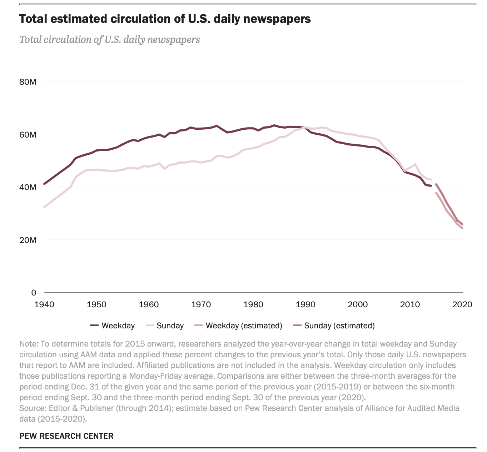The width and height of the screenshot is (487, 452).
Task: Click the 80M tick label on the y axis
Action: [x=28, y=82]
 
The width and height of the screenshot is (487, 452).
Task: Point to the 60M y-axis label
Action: [x=28, y=135]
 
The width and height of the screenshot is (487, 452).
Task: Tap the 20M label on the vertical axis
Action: [x=28, y=240]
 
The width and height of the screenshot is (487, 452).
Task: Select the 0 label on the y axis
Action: [x=34, y=293]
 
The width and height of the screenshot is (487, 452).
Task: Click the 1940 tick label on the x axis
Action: [x=44, y=304]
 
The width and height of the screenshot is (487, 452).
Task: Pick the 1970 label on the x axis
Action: [x=201, y=304]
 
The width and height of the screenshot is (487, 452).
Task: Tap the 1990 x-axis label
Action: [x=305, y=304]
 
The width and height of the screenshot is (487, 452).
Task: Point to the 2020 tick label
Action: [x=462, y=304]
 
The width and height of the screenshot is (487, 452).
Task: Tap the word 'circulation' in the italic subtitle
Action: [x=68, y=39]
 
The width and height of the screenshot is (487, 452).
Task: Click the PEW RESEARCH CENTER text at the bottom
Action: [x=66, y=436]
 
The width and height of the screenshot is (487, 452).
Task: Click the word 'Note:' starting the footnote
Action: [x=29, y=344]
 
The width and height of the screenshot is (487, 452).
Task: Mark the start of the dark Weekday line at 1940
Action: [x=44, y=184]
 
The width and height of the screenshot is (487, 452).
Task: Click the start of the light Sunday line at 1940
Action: [x=44, y=207]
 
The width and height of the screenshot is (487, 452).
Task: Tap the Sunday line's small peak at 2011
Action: [x=415, y=164]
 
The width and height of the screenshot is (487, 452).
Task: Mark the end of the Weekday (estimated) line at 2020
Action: [x=462, y=228]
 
